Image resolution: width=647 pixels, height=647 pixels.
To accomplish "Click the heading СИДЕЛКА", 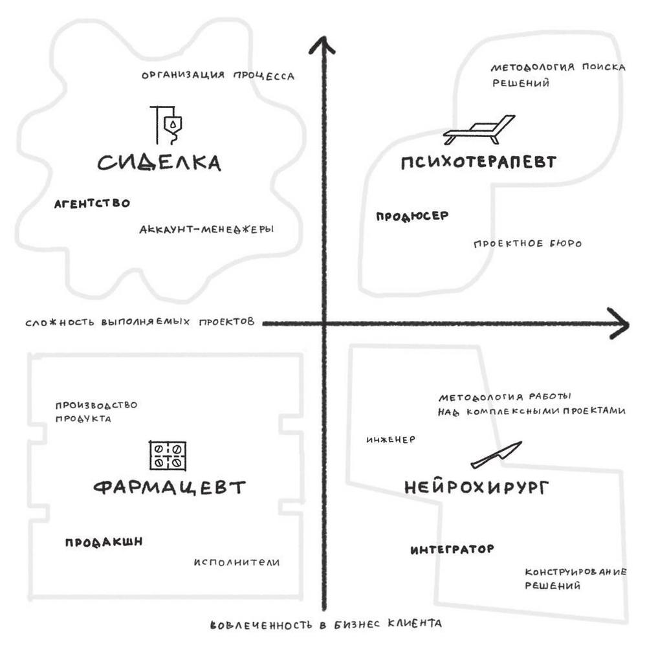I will pos(159,162).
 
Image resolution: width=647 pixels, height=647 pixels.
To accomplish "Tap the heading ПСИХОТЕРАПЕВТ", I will pos(478,162).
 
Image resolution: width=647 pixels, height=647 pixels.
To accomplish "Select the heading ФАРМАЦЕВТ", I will pos(170,487).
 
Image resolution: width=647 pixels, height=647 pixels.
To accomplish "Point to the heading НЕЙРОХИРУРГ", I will pos(476,487).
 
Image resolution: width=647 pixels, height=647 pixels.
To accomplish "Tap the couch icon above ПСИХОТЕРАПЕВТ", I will pos(479,130).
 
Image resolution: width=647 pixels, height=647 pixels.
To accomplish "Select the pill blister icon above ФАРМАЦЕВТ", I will pos(168,455).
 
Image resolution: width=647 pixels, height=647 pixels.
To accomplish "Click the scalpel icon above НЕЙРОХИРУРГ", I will pos(496,455).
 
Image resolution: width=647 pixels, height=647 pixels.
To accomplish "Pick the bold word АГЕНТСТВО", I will pos(92,203).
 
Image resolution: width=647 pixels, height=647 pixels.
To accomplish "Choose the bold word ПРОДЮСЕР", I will pos(412,217).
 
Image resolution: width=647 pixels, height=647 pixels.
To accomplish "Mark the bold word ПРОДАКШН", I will pos(104,542).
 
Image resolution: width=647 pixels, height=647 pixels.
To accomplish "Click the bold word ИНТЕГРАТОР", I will pos(452,549).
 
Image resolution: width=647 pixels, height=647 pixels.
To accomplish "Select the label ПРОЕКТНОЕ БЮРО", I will pos(527,244).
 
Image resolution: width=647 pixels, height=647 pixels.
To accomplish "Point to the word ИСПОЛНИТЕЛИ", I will pos(237,562).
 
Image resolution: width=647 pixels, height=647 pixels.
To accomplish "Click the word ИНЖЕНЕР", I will pos(390,439).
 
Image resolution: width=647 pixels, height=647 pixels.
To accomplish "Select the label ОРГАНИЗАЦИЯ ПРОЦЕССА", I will pos(218,76).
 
